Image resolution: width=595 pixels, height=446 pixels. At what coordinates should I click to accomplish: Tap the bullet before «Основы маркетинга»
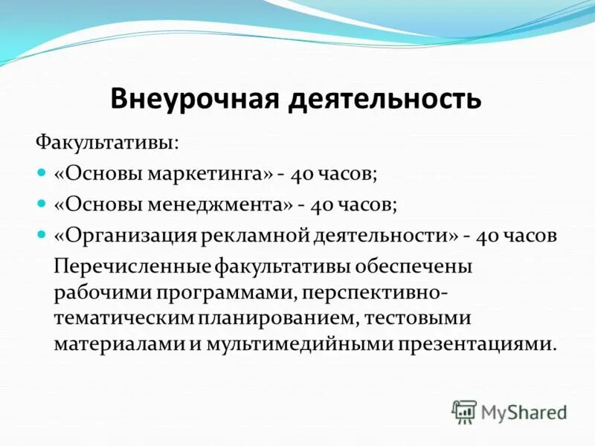point(42,172)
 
